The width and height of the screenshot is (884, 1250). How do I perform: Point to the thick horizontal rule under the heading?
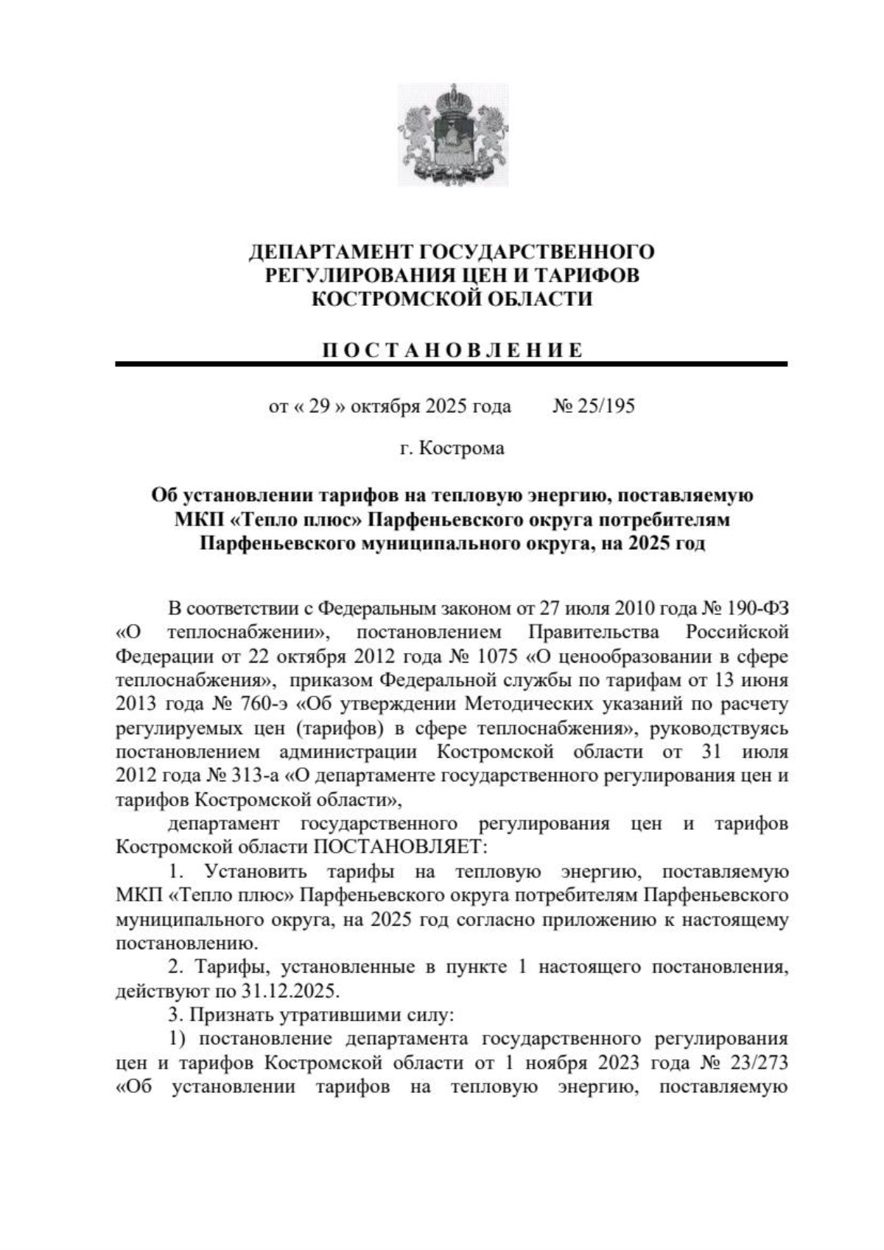click(x=452, y=364)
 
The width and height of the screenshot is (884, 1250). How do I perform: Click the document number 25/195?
click(x=606, y=406)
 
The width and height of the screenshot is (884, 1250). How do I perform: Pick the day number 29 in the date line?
click(x=318, y=406)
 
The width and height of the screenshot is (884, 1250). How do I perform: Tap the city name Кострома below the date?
click(x=462, y=448)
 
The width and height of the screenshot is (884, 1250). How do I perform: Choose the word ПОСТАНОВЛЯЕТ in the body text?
click(x=401, y=846)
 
